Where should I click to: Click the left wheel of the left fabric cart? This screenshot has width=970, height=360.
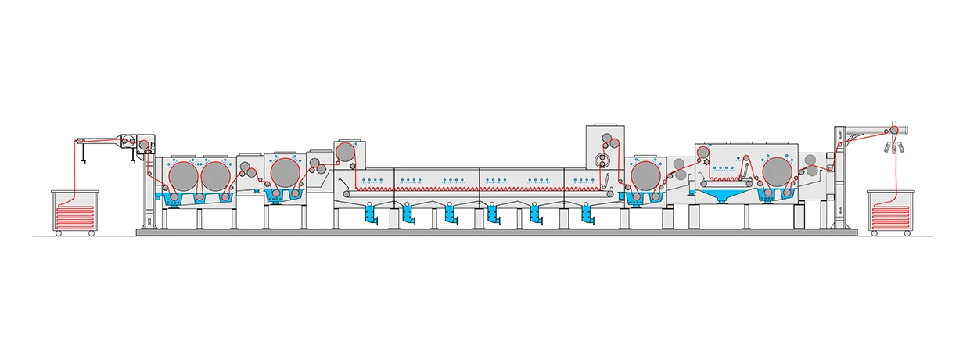pyautogui.click(x=59, y=233)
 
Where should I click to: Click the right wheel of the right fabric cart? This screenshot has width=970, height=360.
pyautogui.click(x=908, y=233)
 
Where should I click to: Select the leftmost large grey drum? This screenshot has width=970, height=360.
pyautogui.click(x=182, y=174)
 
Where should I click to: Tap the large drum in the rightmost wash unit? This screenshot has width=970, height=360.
pyautogui.click(x=776, y=173)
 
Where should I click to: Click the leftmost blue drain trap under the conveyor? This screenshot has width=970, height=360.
pyautogui.click(x=368, y=213)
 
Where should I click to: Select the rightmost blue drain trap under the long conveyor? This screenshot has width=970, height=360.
pyautogui.click(x=584, y=213)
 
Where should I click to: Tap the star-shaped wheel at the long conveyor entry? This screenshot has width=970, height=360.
pyautogui.click(x=353, y=166)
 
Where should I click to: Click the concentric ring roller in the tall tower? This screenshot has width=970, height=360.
pyautogui.click(x=601, y=163)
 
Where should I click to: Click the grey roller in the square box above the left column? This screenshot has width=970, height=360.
pyautogui.click(x=143, y=143)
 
